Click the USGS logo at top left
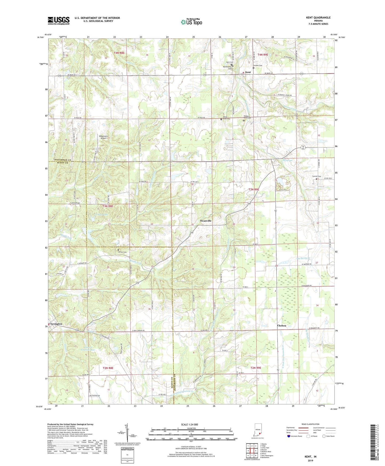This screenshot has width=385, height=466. pyautogui.click(x=58, y=21)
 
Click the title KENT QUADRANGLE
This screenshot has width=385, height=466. pyautogui.click(x=318, y=18)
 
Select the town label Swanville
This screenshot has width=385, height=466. pyautogui.click(x=206, y=221)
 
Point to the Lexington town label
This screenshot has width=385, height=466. pyautogui.click(x=56, y=324)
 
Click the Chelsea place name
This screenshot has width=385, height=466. pyautogui.click(x=282, y=326)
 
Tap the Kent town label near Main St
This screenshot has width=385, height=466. pyautogui.click(x=248, y=72)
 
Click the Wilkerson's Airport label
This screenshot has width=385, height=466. pyautogui.click(x=103, y=137)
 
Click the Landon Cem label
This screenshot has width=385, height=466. pyautogui.click(x=257, y=65)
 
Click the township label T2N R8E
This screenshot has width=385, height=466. pyautogui.click(x=108, y=368)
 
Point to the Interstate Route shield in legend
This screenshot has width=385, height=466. pyautogui.click(x=289, y=436)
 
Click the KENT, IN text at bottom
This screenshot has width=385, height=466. pyautogui.click(x=310, y=457)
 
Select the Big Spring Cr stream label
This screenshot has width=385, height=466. pyautogui.click(x=304, y=258)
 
